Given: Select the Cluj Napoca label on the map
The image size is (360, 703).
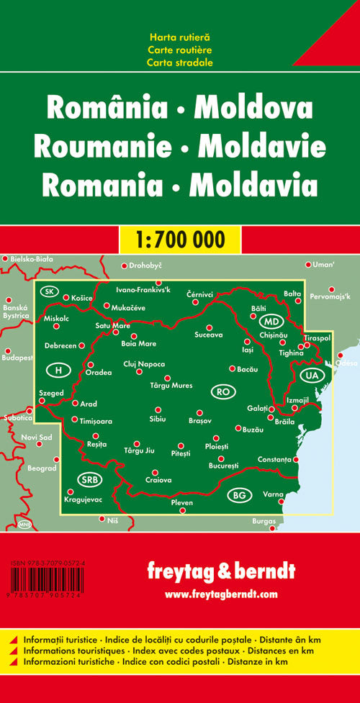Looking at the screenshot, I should click(x=144, y=364).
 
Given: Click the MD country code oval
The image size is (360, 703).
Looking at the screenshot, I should click(x=271, y=321).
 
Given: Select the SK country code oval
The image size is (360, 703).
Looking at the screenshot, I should click(x=49, y=291).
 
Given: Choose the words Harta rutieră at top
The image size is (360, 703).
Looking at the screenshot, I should click(x=180, y=37).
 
